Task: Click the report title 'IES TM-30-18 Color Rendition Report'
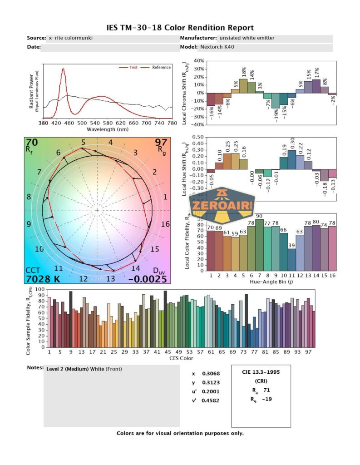(180, 28)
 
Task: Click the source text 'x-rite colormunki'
(71, 38)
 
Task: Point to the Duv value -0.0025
(148, 279)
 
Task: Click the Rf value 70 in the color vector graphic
(32, 143)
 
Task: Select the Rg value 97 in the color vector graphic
(161, 143)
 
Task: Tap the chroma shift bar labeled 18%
(243, 86)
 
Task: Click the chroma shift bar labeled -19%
(275, 100)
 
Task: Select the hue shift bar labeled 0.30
(291, 159)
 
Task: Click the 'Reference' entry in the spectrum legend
(161, 68)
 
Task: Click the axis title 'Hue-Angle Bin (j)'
(271, 282)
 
